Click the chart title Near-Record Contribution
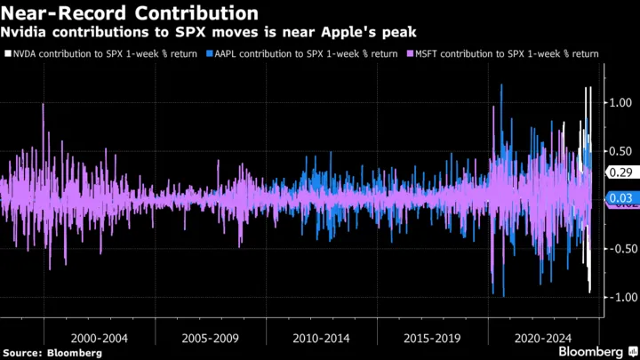click(x=130, y=13)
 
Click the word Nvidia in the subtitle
click(x=27, y=33)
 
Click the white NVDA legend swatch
click(x=8, y=54)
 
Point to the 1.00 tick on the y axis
click(x=620, y=103)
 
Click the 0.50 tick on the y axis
click(x=620, y=151)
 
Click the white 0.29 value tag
click(x=620, y=172)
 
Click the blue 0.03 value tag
click(x=620, y=197)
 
